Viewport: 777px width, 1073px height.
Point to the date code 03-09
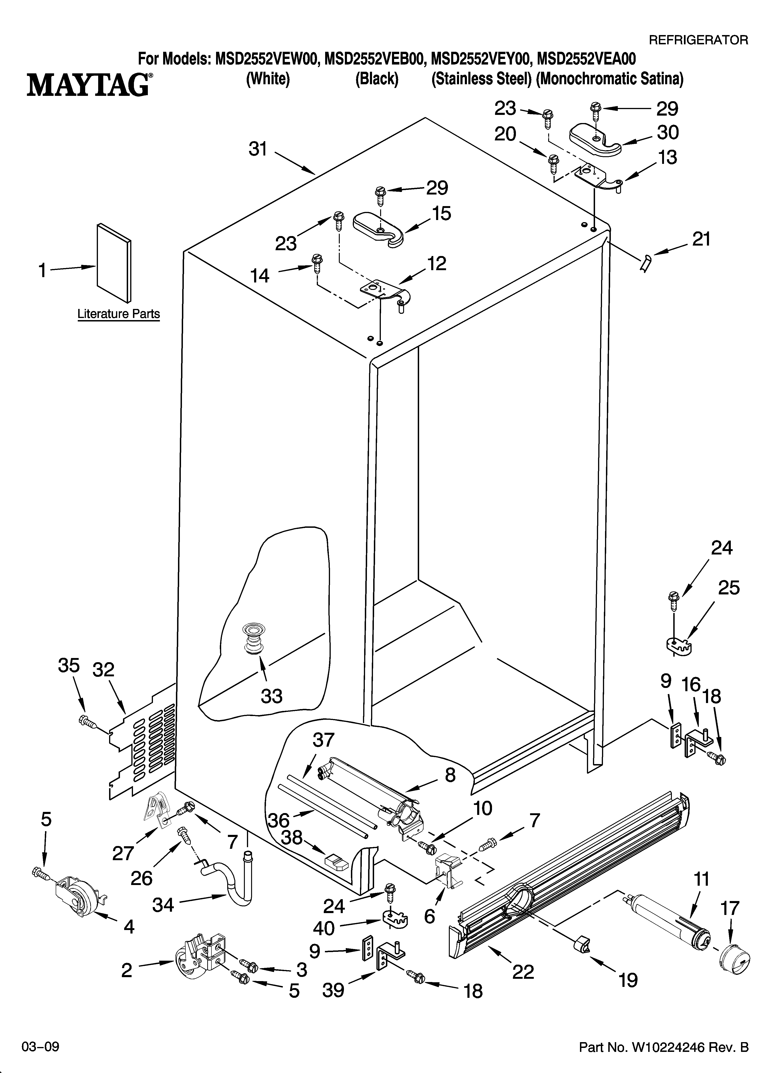pos(40,1047)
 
